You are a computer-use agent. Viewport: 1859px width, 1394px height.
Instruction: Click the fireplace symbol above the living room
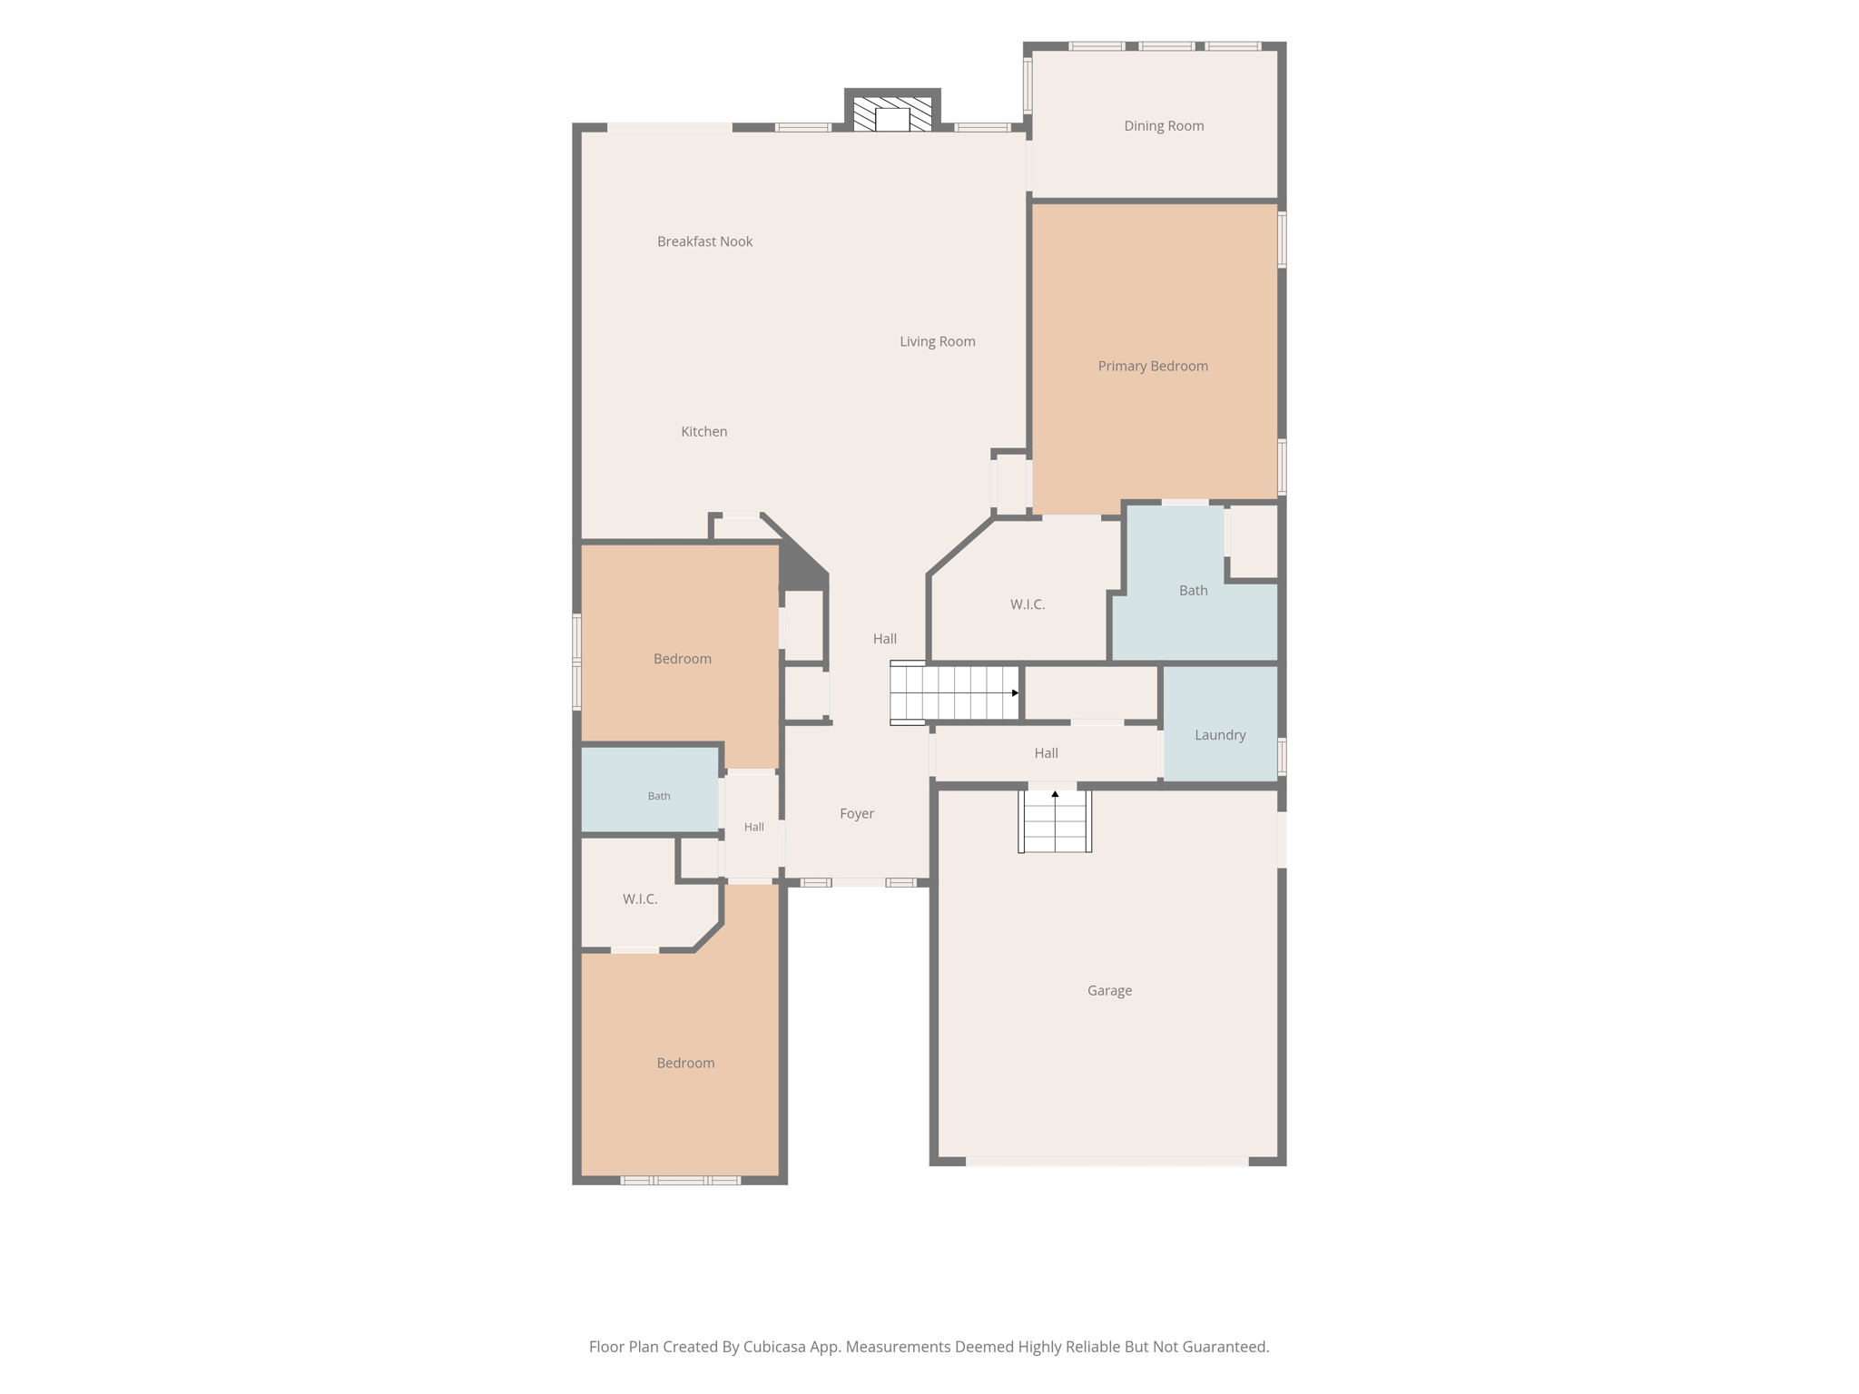tap(892, 114)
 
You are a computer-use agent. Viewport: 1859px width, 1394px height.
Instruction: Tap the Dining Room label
tap(1164, 126)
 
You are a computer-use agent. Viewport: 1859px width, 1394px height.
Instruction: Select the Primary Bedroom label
tap(1153, 367)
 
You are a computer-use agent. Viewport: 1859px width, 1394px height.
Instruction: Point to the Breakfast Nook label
tap(704, 241)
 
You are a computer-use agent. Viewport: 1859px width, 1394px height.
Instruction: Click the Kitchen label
tap(704, 432)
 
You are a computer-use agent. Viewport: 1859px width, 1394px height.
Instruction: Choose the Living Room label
tap(938, 342)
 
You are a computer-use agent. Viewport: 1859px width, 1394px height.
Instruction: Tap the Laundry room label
tap(1220, 735)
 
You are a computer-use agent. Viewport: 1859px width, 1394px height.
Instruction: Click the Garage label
tap(1109, 991)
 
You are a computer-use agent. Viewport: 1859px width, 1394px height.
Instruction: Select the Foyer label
tap(857, 814)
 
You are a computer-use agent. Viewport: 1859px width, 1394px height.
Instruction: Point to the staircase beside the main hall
tap(954, 693)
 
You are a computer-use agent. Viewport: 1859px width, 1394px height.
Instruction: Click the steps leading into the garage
tap(1055, 820)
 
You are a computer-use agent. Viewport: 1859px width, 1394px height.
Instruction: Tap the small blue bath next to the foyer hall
tap(650, 790)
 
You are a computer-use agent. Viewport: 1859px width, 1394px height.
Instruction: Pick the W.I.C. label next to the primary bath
tap(1028, 604)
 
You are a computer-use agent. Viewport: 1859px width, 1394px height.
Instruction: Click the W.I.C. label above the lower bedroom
tap(640, 899)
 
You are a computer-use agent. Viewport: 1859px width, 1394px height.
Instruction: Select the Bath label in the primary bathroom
tap(1193, 591)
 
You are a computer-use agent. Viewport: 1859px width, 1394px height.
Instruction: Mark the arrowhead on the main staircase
tap(1015, 693)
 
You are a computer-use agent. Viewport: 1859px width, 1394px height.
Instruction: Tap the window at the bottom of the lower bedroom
tap(681, 1181)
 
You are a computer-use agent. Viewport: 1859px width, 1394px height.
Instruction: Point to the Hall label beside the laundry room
tap(1046, 753)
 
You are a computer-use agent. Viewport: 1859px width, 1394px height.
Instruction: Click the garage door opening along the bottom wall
tap(1107, 1162)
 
